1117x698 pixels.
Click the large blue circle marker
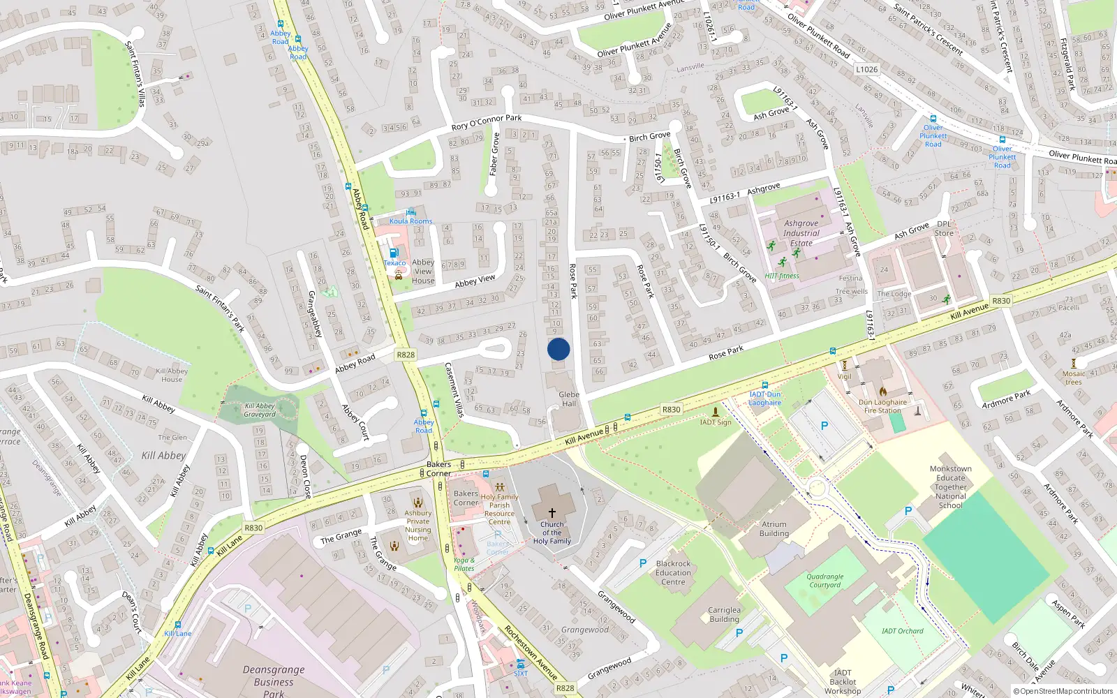pos(558,349)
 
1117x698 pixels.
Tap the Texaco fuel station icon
pos(394,253)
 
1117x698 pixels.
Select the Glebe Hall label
pos(569,399)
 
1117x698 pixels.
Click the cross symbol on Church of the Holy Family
pos(552,512)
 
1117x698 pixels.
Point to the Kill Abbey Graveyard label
pos(260,410)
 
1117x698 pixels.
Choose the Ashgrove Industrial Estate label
pos(801,233)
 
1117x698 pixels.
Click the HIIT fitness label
pos(782,276)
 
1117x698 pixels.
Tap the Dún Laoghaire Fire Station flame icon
pos(883,392)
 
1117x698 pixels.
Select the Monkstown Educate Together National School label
pos(950,487)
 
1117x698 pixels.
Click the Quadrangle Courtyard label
pos(824,581)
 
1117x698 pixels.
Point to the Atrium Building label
pos(774,528)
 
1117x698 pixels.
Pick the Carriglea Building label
pos(724,614)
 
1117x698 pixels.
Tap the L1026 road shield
pos(866,70)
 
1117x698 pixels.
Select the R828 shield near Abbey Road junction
pos(406,355)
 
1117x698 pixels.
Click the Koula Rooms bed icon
pos(410,212)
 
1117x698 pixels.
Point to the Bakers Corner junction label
pos(438,468)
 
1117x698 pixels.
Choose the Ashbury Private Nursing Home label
pos(417,525)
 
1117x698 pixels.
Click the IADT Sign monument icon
pos(715,413)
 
